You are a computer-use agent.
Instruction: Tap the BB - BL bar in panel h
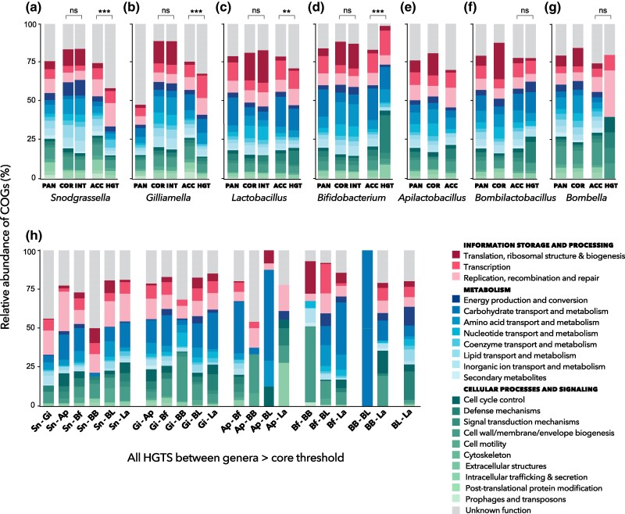(x=387, y=328)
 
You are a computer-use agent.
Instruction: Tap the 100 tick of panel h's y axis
(x=28, y=252)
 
